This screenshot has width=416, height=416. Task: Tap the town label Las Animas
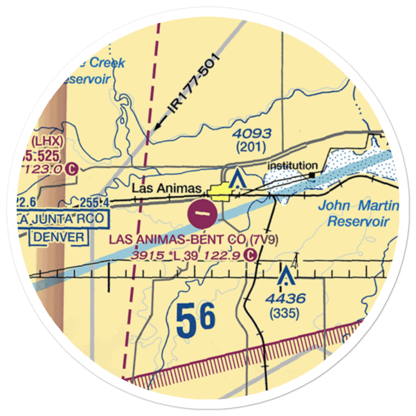[x=166, y=188]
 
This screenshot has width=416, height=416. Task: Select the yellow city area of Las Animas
[x=220, y=192]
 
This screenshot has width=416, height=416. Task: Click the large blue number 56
[x=196, y=319]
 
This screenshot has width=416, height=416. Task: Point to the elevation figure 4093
[x=252, y=134]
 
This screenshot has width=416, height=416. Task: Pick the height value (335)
[x=285, y=314]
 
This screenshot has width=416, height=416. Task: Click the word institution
[x=292, y=166]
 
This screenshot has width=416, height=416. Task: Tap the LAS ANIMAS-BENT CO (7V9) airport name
[x=193, y=240]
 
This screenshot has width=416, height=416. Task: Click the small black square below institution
[x=312, y=175]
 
